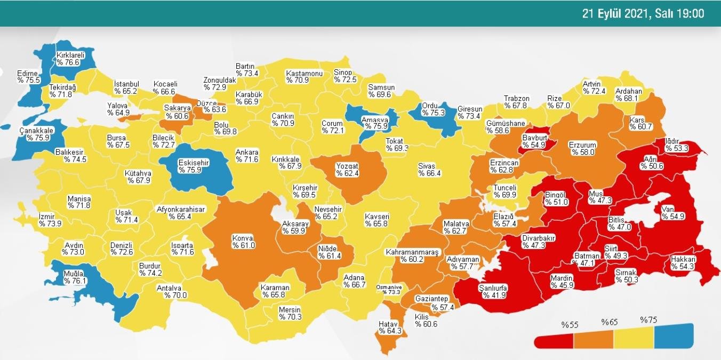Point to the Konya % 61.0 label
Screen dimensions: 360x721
(x=244, y=242)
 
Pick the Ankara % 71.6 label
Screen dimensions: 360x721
(x=247, y=156)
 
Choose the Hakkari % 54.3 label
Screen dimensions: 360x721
(x=683, y=263)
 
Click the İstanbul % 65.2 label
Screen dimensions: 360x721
(x=126, y=87)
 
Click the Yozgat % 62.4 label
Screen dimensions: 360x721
(x=347, y=170)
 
